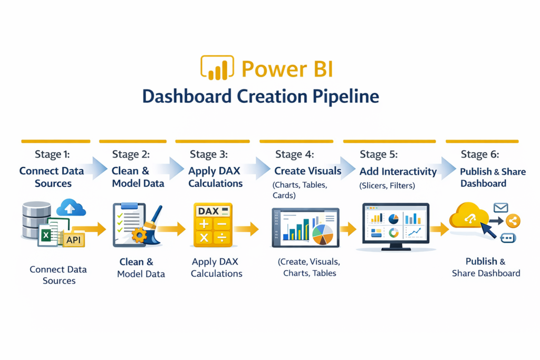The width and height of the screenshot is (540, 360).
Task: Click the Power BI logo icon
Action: click(217, 68)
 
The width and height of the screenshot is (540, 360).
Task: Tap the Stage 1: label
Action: click(52, 154)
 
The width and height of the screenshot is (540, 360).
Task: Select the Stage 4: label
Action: click(294, 154)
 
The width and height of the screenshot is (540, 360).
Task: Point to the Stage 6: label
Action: click(480, 154)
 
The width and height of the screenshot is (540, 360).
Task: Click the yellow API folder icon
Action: click(73, 239)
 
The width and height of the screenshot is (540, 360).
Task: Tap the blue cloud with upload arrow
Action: click(71, 207)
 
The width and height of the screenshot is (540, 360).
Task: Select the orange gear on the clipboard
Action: click(139, 236)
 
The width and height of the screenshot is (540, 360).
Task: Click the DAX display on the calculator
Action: click(213, 211)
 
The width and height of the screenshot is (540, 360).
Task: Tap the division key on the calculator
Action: click(223, 238)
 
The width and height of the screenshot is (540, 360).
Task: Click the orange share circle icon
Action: click(513, 221)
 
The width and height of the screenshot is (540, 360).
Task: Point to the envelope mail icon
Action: click(501, 208)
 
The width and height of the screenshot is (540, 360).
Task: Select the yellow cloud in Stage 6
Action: click(469, 216)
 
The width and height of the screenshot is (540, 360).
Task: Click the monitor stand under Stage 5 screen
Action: click(396, 247)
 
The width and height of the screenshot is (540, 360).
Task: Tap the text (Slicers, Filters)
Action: click(387, 186)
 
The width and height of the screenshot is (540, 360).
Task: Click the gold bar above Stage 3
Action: click(213, 141)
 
